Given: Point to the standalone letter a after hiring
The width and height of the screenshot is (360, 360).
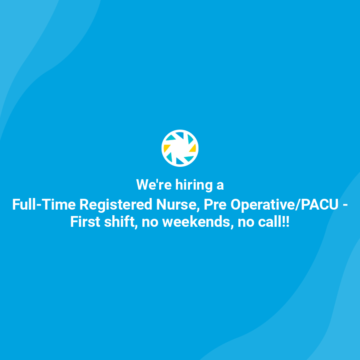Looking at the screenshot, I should (x=220, y=186).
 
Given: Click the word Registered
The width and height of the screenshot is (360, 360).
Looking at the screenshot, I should (x=116, y=205).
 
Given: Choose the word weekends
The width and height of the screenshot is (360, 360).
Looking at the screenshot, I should (x=197, y=222).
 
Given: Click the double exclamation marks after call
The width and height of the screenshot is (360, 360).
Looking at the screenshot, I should (x=285, y=222).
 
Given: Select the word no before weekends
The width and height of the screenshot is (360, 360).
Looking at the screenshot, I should (x=150, y=222).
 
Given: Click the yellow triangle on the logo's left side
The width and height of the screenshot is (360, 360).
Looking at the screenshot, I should (x=167, y=148).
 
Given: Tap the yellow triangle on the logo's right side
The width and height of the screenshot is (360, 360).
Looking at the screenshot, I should (x=193, y=148).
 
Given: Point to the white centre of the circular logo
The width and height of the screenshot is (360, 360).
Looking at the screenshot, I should (x=180, y=148).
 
